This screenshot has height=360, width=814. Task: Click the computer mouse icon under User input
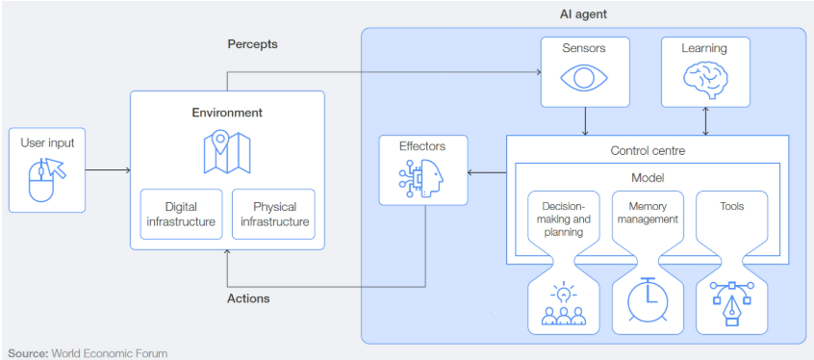(x=47, y=178)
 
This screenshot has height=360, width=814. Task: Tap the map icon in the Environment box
(x=227, y=152)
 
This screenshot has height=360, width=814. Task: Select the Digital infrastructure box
(x=181, y=214)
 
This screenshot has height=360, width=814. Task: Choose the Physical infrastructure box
(x=273, y=214)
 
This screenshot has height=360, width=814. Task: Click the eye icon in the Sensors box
(x=584, y=77)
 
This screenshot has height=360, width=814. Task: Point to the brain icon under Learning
(x=705, y=79)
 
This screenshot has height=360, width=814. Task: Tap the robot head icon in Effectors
(x=422, y=178)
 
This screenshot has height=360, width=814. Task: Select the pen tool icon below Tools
(x=732, y=303)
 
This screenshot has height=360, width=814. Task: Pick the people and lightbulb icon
(x=563, y=303)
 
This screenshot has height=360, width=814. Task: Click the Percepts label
(x=252, y=44)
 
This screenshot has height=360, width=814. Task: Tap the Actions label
(x=248, y=298)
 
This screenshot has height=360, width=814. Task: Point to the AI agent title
(x=583, y=14)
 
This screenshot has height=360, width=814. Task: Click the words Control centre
(x=648, y=151)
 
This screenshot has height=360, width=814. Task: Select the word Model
(x=648, y=178)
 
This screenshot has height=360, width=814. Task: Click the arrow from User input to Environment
(x=108, y=169)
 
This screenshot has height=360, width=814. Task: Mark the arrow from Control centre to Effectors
(x=487, y=172)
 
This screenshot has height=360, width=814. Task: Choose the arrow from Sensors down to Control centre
(x=586, y=121)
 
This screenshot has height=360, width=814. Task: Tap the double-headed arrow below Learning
(x=705, y=121)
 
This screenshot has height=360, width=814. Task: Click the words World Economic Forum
(x=110, y=353)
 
